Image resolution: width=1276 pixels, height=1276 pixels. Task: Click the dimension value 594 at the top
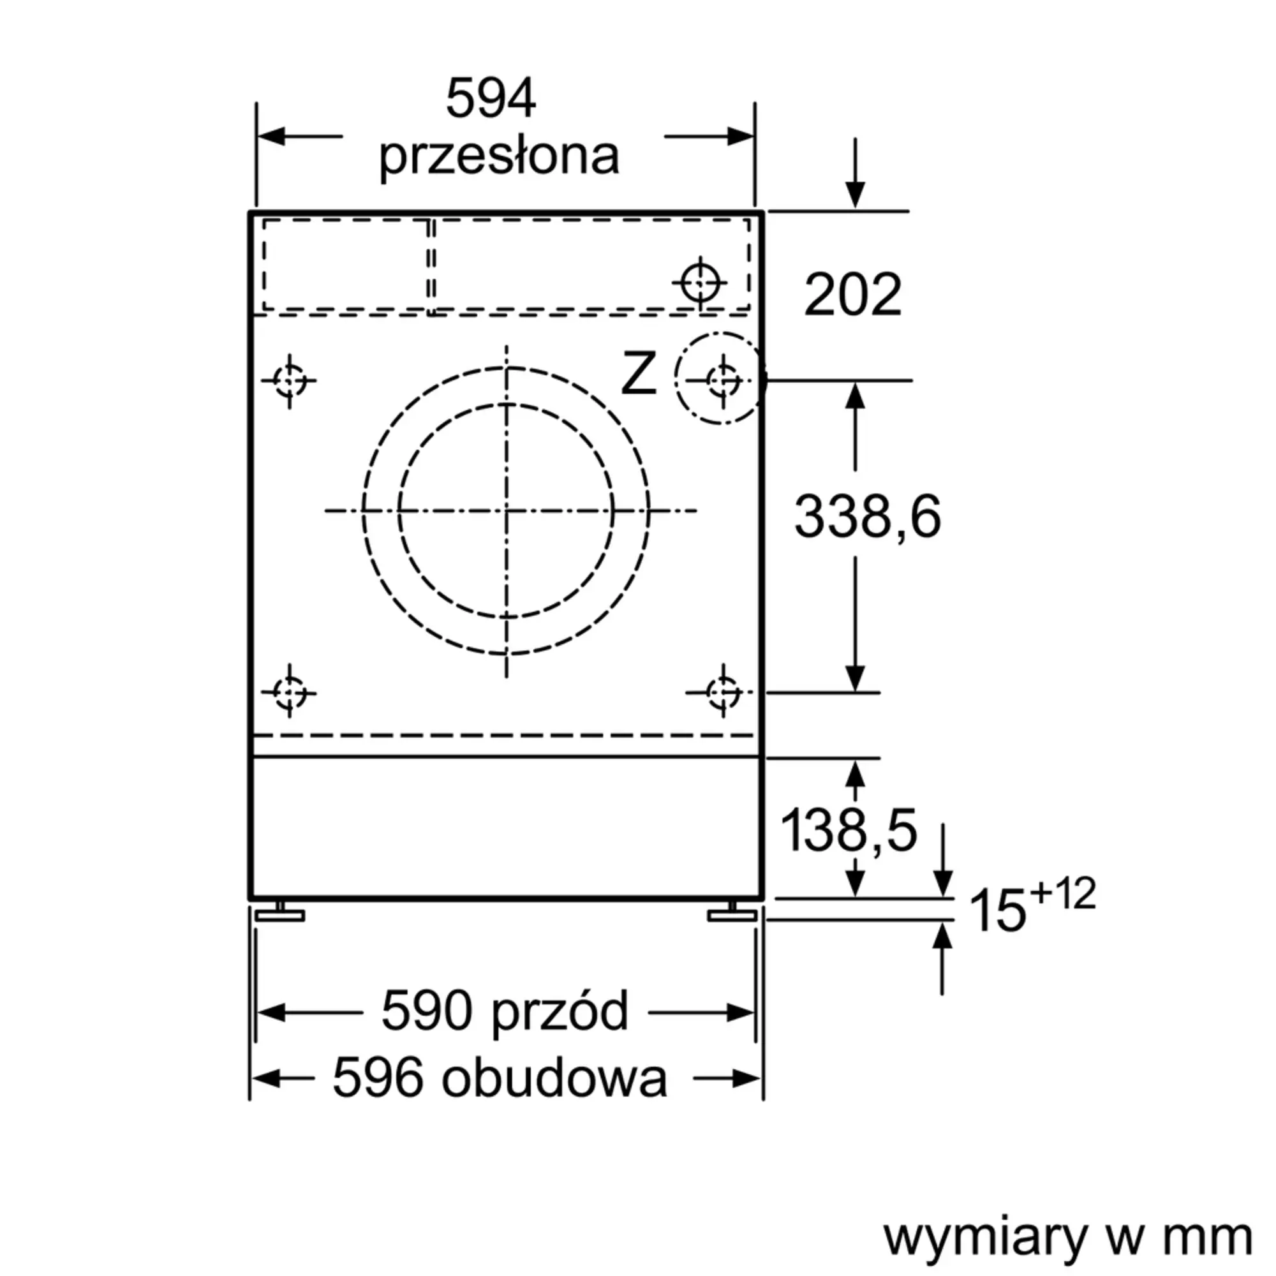click(x=491, y=100)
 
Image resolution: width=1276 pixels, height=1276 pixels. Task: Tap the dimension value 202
click(x=852, y=295)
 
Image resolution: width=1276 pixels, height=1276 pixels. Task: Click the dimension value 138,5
click(x=849, y=830)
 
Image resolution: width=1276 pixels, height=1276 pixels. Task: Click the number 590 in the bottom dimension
click(x=427, y=1011)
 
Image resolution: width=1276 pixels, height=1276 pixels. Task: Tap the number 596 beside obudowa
click(x=377, y=1078)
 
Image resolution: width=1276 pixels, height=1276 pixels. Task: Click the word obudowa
click(x=555, y=1078)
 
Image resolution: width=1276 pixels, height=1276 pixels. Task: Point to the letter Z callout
click(x=639, y=375)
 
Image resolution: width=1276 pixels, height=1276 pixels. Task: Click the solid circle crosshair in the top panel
click(x=700, y=283)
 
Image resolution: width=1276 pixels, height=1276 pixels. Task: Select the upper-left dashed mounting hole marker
click(x=289, y=380)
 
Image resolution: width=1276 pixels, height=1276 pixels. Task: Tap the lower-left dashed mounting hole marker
click(x=289, y=692)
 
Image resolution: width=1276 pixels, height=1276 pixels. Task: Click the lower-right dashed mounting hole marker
click(x=723, y=692)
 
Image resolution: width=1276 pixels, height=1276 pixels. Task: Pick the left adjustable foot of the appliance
click(x=280, y=914)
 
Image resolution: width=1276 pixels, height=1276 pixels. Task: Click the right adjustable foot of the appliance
click(x=732, y=914)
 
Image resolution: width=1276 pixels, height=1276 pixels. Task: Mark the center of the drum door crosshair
click(x=507, y=510)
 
